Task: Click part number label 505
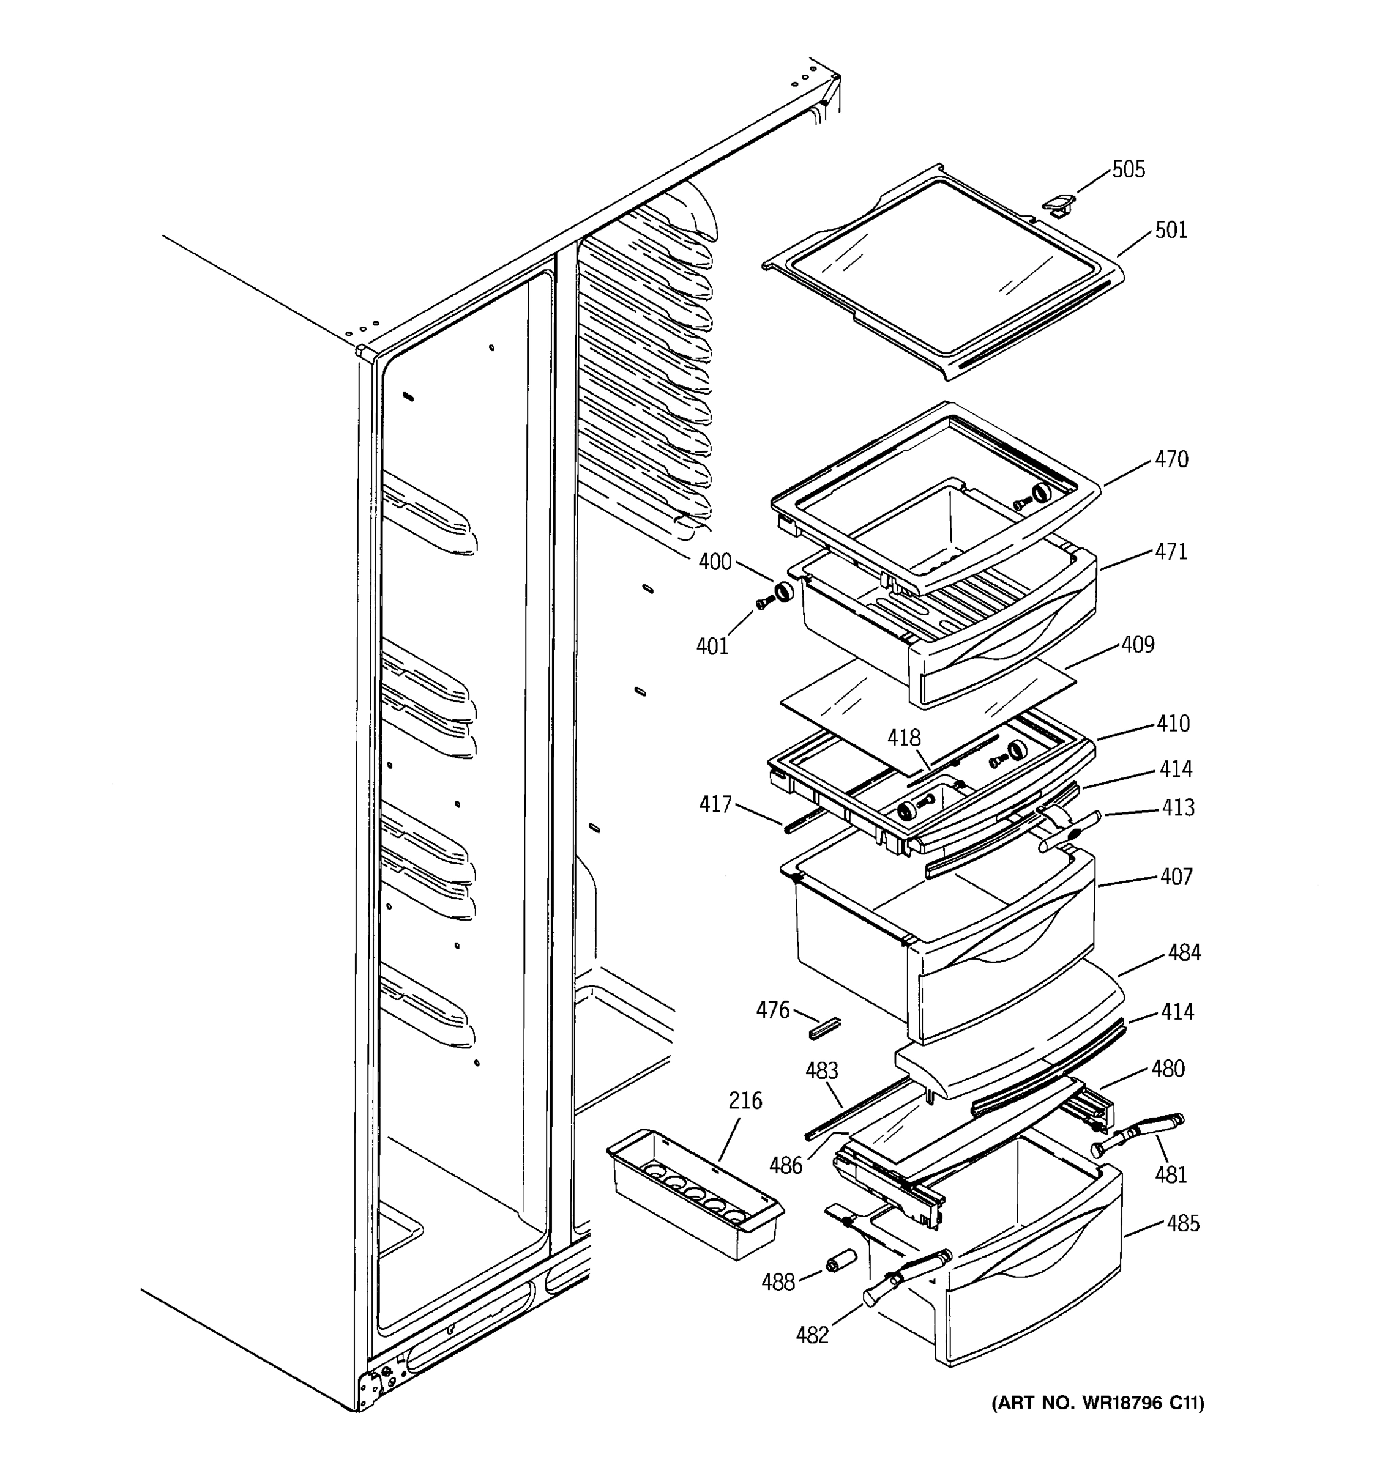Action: [1128, 170]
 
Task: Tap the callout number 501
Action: [1171, 231]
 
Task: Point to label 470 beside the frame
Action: [1171, 459]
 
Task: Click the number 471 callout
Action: [1171, 552]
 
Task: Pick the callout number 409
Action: [1138, 645]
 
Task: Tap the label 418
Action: [904, 738]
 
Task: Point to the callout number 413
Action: [1177, 808]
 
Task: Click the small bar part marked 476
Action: [825, 1028]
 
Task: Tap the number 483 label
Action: [821, 1071]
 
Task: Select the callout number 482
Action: [812, 1334]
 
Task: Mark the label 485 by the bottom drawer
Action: [1183, 1223]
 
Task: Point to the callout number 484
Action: [1184, 952]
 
